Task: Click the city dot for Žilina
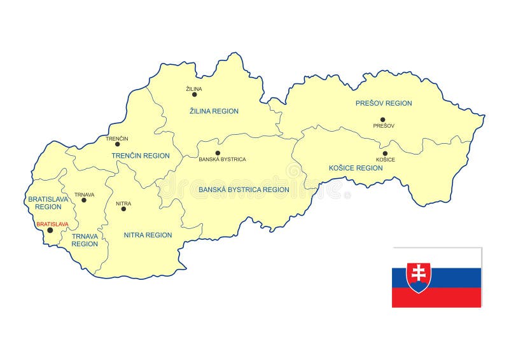[x=195, y=95]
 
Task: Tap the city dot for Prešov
[x=383, y=119]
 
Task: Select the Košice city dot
[x=385, y=153]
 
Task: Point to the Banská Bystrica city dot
[x=218, y=153]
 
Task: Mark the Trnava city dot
[x=84, y=200]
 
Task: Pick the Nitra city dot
[x=123, y=209]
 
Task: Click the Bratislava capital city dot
[x=50, y=230]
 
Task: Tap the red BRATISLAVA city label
[x=52, y=224]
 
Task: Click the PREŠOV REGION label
[x=384, y=103]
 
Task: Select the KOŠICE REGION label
[x=356, y=168]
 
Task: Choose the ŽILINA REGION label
[x=214, y=111]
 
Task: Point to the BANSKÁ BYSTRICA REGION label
[x=244, y=190]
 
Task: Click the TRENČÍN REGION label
[x=141, y=156]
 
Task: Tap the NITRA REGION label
[x=148, y=235]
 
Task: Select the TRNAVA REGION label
[x=85, y=240]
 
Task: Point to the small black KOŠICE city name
[x=386, y=160]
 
